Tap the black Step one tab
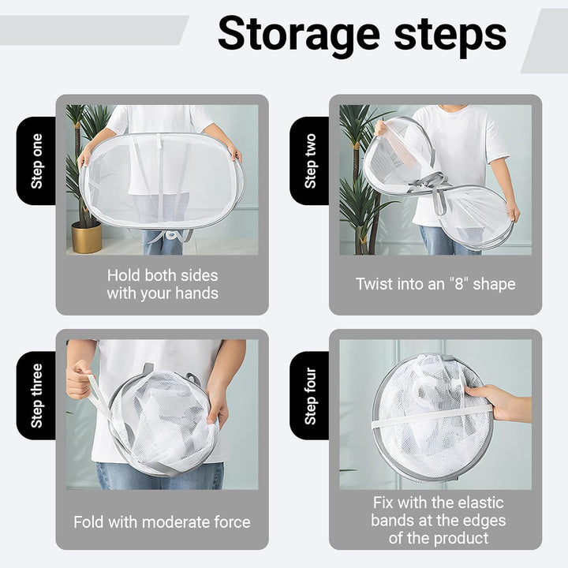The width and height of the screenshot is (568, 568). pyautogui.click(x=36, y=161)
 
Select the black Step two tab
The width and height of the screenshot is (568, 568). pyautogui.click(x=310, y=161)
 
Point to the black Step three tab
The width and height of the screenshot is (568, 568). pyautogui.click(x=36, y=395)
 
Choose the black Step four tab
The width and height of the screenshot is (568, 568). pyautogui.click(x=310, y=395)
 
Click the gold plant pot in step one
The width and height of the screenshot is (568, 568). pyautogui.click(x=87, y=237)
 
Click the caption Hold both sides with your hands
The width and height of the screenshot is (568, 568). pyautogui.click(x=163, y=284)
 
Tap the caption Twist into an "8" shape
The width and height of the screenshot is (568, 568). pyautogui.click(x=435, y=284)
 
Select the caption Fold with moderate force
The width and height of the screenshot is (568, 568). pyautogui.click(x=162, y=522)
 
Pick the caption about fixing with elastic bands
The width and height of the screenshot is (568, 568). pyautogui.click(x=438, y=521)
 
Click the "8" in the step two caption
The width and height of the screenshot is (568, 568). pyautogui.click(x=458, y=283)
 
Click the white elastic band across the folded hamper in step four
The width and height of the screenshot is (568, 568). pyautogui.click(x=431, y=417)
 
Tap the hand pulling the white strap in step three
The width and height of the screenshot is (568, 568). pyautogui.click(x=79, y=379)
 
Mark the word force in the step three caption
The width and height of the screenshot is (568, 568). pyautogui.click(x=232, y=522)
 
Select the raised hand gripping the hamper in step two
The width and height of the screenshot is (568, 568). pyautogui.click(x=380, y=128)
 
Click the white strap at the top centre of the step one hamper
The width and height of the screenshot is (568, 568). pyautogui.click(x=159, y=141)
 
